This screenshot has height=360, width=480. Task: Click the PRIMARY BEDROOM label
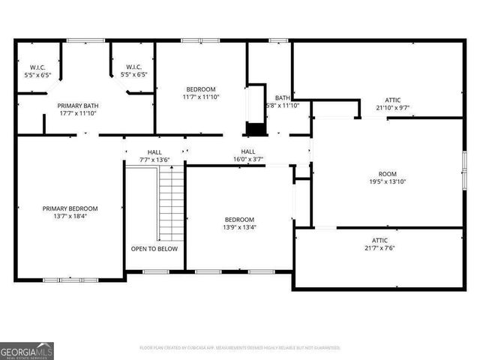(70, 208)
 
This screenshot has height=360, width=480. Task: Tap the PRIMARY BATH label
(78, 106)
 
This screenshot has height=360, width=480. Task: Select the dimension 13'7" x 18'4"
(70, 217)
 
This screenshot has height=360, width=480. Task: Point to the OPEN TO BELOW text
(154, 248)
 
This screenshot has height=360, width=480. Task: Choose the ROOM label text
(386, 173)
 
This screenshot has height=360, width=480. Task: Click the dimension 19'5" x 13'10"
(386, 181)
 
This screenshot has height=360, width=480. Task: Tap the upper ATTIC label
(393, 99)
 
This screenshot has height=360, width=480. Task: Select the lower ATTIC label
(380, 240)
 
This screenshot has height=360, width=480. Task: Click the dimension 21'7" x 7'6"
(380, 248)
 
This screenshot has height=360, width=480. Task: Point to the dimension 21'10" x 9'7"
(393, 107)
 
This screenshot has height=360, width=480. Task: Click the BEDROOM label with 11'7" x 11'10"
(200, 88)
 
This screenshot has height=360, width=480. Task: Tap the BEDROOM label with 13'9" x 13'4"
(238, 219)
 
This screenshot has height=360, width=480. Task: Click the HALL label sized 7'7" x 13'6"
(154, 151)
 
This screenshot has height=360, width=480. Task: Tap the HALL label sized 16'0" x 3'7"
(247, 151)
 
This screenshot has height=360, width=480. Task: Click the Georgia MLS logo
(27, 350)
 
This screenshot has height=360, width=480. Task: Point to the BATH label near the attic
(283, 97)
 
